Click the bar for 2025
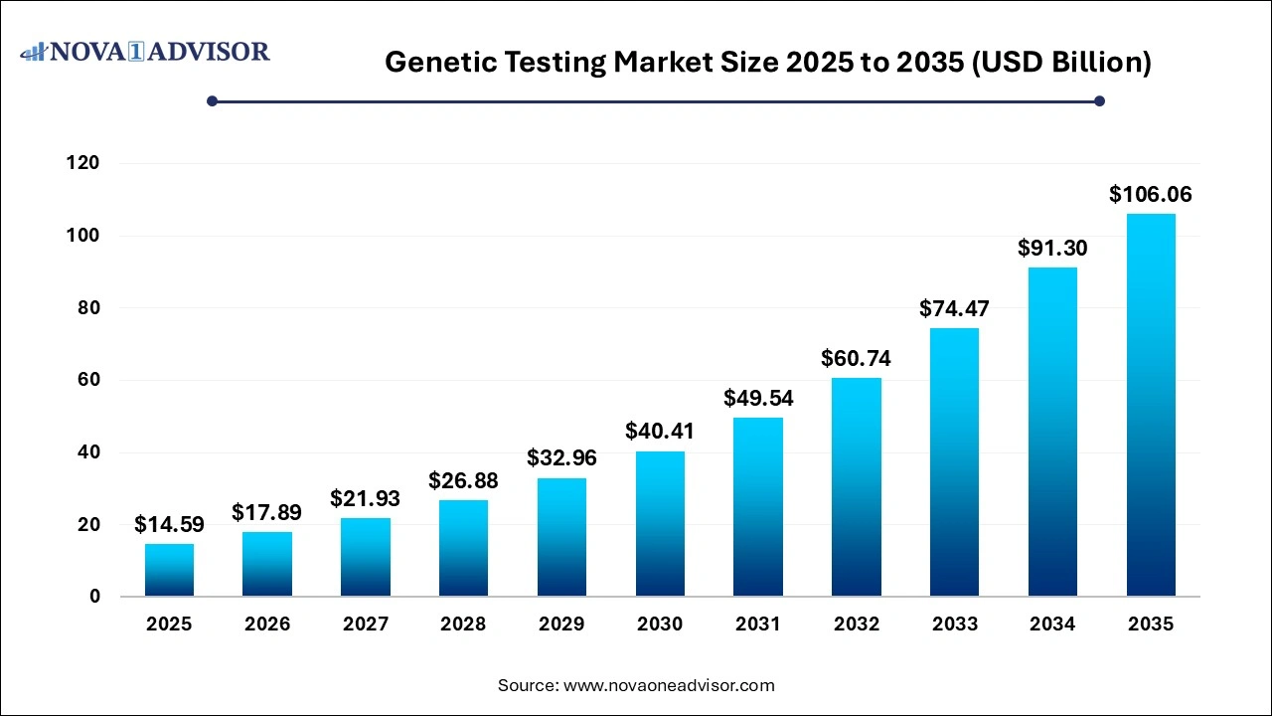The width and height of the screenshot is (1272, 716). click(x=169, y=570)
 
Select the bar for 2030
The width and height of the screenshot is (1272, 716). click(x=660, y=524)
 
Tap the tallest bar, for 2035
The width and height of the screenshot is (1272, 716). click(x=1151, y=405)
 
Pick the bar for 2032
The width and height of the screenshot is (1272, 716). click(x=857, y=487)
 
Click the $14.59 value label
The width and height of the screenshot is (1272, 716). click(x=169, y=523)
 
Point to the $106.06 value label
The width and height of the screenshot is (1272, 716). click(x=1151, y=194)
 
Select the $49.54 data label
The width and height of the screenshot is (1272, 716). click(x=758, y=398)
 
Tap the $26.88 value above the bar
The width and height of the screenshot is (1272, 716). click(x=463, y=480)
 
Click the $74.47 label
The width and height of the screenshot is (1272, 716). click(x=954, y=308)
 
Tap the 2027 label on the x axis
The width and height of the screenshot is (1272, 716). click(x=366, y=625)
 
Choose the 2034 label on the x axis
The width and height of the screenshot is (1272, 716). click(x=1052, y=625)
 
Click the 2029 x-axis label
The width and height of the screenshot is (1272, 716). click(x=561, y=625)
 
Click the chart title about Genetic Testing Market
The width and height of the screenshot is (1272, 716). click(x=768, y=62)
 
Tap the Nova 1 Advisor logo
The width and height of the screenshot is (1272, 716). click(x=145, y=51)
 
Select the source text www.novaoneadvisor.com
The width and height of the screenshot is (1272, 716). click(x=636, y=685)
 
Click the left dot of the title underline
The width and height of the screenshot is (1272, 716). click(x=212, y=100)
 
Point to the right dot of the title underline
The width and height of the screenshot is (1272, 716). click(x=1099, y=100)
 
